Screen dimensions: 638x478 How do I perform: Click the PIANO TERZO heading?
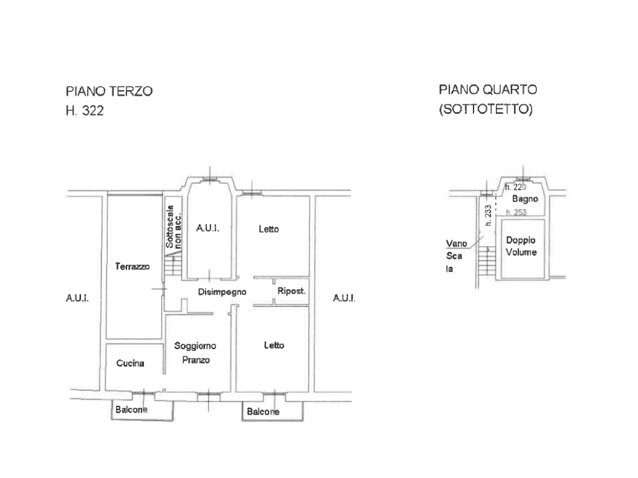coord(109,91)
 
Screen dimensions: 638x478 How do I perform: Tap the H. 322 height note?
coord(85,111)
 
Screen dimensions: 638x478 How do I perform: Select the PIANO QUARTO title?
coord(488,90)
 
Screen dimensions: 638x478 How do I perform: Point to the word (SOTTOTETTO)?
coord(486,109)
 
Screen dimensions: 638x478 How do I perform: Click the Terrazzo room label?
coord(132,266)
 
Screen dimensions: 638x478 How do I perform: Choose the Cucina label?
coord(130,363)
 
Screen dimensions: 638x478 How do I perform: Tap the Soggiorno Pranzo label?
coord(195,353)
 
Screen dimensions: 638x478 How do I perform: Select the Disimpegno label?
coord(222,292)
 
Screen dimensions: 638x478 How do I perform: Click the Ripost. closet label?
coord(292,291)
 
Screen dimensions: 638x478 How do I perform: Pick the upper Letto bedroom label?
coord(269,229)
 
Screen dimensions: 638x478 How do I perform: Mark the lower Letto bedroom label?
coord(274,345)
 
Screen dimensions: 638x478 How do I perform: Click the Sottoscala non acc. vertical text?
coord(173,227)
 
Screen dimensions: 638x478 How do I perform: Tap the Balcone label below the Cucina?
coord(131,410)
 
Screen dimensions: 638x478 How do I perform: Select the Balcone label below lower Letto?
coord(263,412)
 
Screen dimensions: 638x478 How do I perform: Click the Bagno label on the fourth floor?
coord(525,199)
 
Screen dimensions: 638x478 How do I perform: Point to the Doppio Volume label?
coord(521,246)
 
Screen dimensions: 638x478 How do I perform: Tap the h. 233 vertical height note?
coord(488,215)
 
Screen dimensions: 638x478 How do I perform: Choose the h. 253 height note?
coord(516,212)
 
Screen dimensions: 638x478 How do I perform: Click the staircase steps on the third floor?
coord(173,266)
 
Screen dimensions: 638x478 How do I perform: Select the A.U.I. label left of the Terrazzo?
coord(77,298)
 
